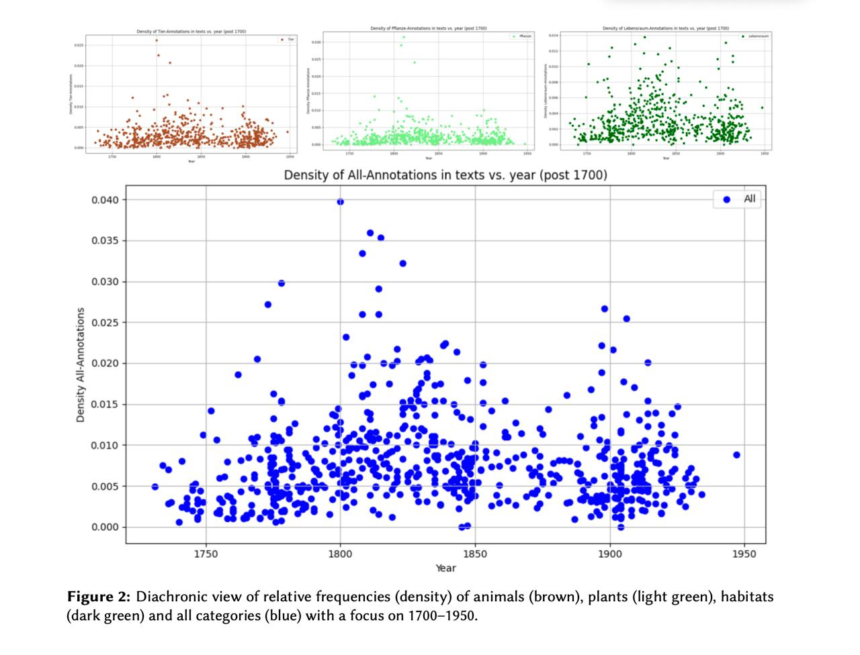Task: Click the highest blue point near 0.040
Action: tap(341, 201)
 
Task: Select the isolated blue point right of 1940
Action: tap(736, 454)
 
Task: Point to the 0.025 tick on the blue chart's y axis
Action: tap(105, 323)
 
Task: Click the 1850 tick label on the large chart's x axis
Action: tap(475, 554)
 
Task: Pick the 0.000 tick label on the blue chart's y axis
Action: tap(105, 527)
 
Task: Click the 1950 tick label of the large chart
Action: tap(744, 554)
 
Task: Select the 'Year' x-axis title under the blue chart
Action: tap(445, 568)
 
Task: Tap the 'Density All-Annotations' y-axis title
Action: tap(81, 364)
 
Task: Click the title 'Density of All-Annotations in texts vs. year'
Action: tap(445, 175)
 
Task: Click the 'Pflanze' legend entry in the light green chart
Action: tap(525, 36)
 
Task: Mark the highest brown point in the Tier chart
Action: tap(157, 40)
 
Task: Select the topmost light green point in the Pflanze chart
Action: tap(403, 37)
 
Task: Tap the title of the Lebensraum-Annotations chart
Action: tap(665, 28)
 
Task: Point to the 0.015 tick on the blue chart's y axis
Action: tap(105, 405)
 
